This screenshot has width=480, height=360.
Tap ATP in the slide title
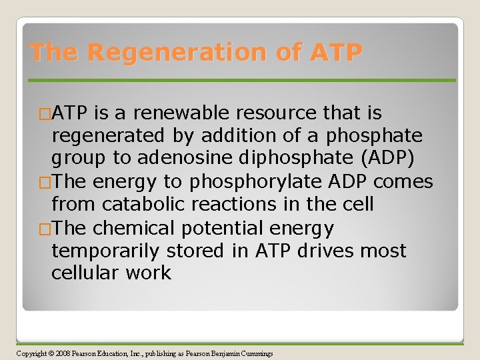(336, 52)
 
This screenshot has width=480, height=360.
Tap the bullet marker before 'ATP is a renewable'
(45, 114)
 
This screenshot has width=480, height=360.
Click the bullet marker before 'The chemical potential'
(45, 228)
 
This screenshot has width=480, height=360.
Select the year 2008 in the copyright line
(63, 353)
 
